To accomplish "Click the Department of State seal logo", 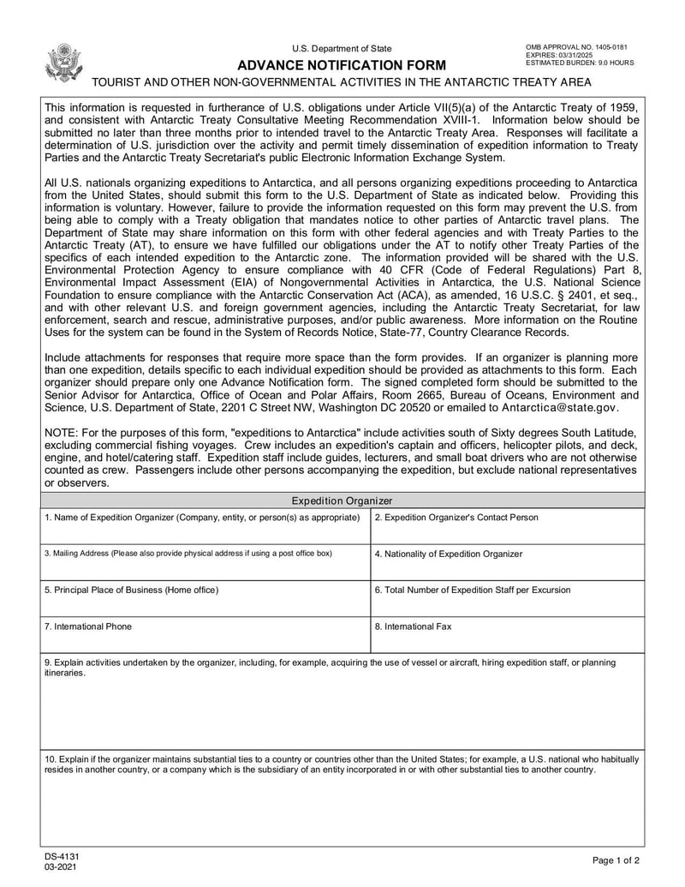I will point(64,62).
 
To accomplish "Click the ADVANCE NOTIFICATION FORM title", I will point(342,65).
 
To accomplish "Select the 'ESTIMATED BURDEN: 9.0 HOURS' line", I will point(580,63).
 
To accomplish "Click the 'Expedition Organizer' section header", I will point(342,500).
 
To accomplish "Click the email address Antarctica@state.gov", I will point(559,408).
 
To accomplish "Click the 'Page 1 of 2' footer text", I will point(616,860).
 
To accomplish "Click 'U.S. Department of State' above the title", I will point(342,49).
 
